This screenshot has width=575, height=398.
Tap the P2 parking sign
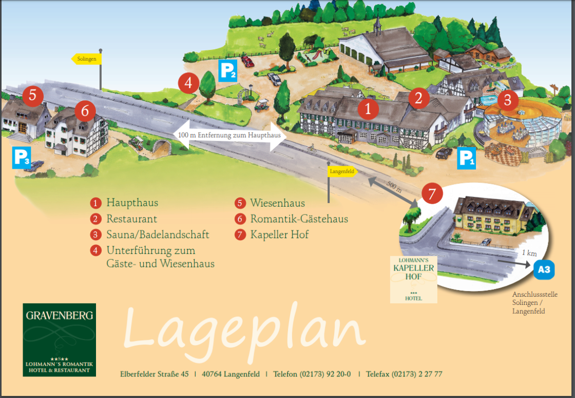tap(227, 70)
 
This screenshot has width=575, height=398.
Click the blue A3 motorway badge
tap(544, 269)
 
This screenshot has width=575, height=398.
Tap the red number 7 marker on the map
tap(432, 194)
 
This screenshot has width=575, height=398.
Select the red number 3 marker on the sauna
tap(507, 100)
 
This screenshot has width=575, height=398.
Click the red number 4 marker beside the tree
tap(188, 83)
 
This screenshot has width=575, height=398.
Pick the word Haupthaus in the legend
tap(132, 203)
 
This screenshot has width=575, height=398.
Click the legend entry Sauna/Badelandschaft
tap(158, 235)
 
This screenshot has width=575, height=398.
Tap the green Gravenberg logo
tap(59, 339)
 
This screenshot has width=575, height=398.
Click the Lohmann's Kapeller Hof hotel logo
tap(413, 279)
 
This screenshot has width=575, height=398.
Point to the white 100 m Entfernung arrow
tap(229, 136)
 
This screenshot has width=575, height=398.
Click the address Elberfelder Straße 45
tap(154, 374)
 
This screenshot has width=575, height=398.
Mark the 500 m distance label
tap(394, 188)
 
